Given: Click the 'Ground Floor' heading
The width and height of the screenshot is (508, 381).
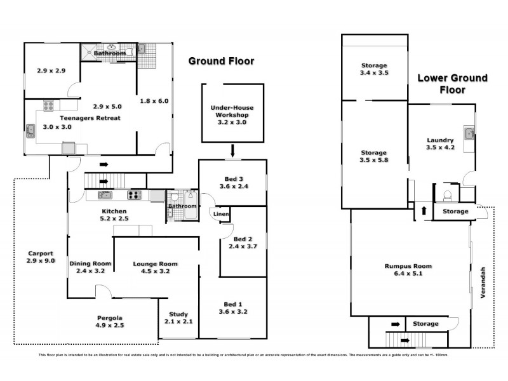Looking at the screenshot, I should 221,62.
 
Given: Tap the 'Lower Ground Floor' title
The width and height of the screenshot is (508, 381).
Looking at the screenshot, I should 452,84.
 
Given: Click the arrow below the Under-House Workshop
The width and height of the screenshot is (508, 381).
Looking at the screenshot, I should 233,151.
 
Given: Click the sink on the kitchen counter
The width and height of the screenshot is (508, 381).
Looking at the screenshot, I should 105,195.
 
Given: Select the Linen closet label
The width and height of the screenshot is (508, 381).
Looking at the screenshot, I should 220,215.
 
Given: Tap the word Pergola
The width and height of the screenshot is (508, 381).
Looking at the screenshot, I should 109,317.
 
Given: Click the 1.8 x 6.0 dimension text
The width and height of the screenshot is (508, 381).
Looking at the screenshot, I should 155,100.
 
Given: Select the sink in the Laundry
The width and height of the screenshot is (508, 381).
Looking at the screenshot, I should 469,133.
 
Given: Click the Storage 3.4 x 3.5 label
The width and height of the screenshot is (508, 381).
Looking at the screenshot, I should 374,69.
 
